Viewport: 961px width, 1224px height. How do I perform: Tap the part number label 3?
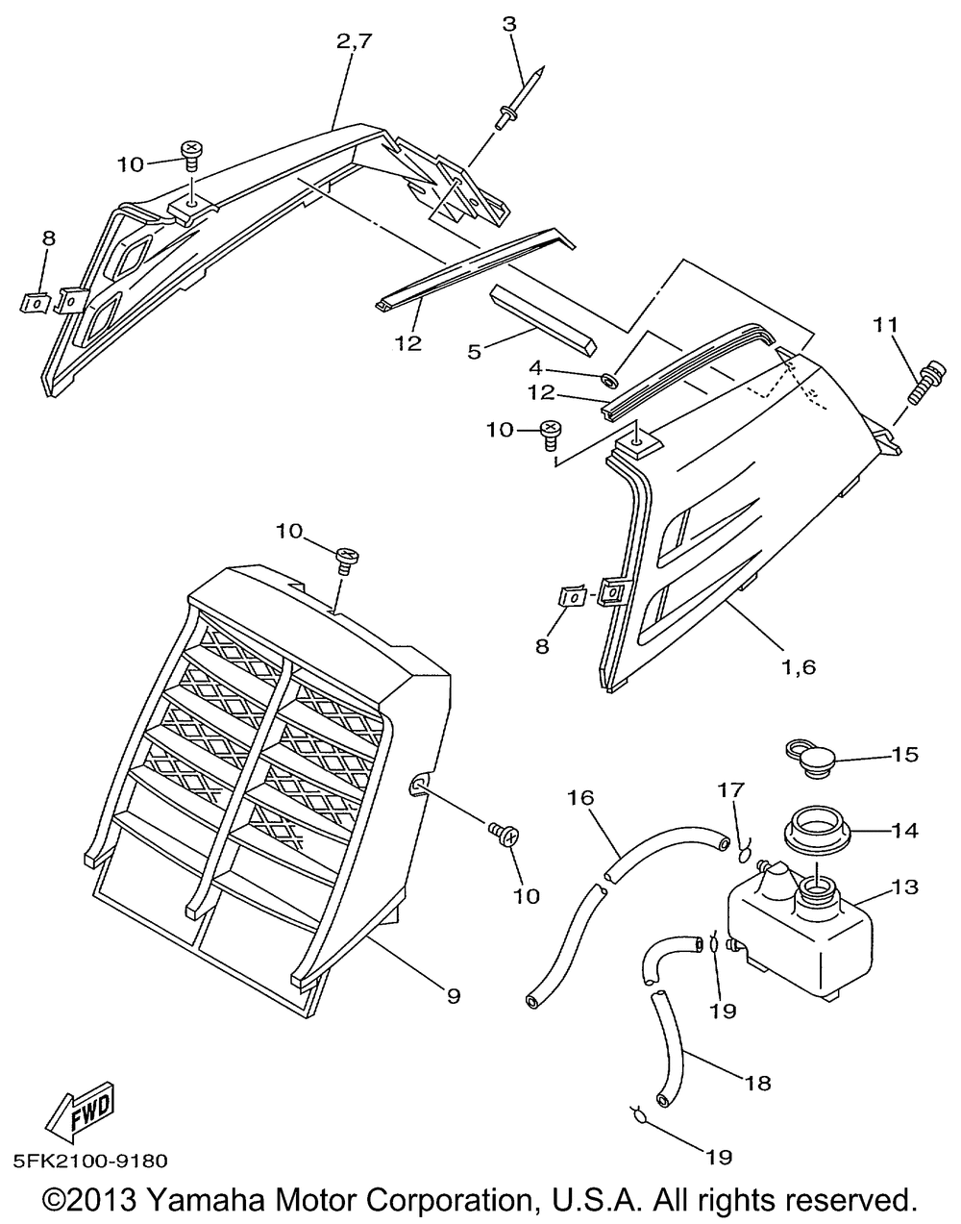[x=509, y=24]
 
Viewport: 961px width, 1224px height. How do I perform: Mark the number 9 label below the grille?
[x=454, y=996]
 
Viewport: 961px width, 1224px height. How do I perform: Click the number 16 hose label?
[x=579, y=797]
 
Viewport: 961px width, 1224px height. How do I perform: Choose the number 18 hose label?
[x=757, y=1083]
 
